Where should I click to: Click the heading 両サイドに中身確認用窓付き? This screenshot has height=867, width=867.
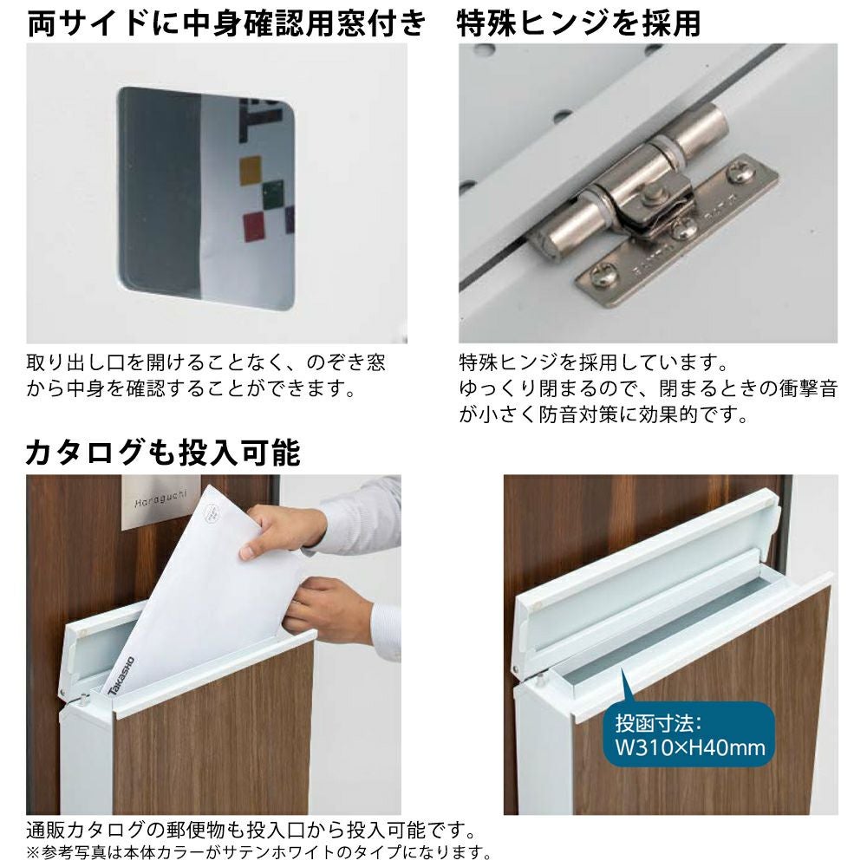point(226,23)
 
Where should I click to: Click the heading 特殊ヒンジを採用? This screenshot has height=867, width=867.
point(579,23)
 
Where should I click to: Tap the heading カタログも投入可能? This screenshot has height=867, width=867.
point(163,453)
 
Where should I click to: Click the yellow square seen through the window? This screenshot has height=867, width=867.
point(251,169)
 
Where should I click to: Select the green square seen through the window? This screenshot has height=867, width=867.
point(272,195)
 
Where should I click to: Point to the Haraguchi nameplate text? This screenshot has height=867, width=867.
point(161,499)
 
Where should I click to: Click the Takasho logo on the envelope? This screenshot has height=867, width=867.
point(121,675)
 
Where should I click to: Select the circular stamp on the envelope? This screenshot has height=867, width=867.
point(213,512)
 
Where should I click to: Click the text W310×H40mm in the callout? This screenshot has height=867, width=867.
point(691,748)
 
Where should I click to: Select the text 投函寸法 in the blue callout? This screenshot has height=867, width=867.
point(658,723)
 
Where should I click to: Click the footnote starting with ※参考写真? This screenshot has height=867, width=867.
point(258,853)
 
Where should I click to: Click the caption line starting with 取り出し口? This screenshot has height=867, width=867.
point(205,363)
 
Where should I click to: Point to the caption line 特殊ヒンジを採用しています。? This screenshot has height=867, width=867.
point(593,363)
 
